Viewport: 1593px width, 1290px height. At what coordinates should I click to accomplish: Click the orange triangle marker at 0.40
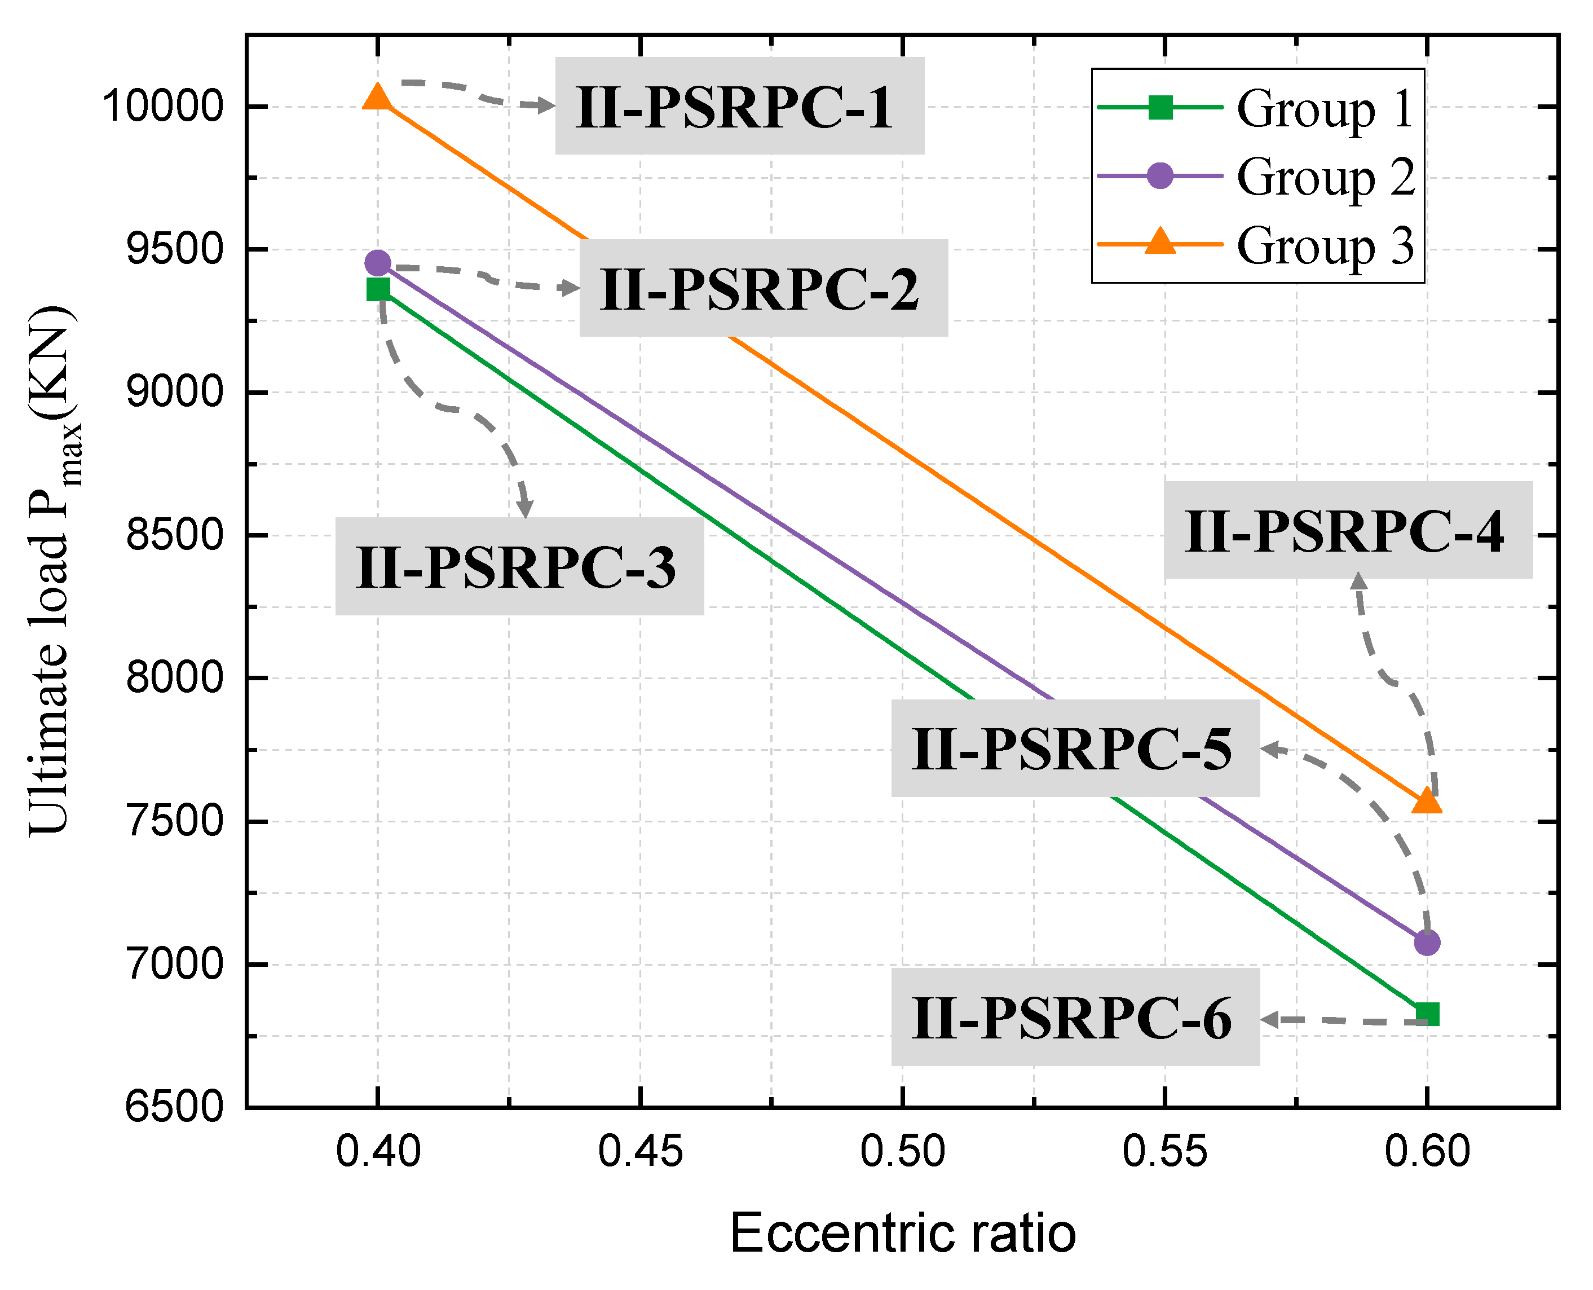click(x=377, y=98)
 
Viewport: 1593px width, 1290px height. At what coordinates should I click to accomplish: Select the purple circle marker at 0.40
click(x=377, y=262)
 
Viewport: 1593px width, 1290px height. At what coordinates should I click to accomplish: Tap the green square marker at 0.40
click(x=377, y=289)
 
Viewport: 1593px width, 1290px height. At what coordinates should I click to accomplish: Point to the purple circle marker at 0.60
click(x=1427, y=942)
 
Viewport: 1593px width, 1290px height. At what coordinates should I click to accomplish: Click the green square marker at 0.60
click(x=1427, y=1014)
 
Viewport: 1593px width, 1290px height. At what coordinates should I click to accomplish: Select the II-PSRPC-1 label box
click(x=739, y=106)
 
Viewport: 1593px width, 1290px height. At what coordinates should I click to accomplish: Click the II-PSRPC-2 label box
click(x=763, y=288)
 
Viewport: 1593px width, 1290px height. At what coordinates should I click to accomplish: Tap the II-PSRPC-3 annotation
click(x=519, y=567)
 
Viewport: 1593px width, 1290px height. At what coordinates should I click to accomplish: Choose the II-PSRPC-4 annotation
click(x=1347, y=531)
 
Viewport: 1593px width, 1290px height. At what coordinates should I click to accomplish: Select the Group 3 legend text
click(x=1324, y=245)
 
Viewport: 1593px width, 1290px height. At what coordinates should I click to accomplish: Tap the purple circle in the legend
click(x=1160, y=176)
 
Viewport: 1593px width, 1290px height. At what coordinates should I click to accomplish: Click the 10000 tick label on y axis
click(x=163, y=106)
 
